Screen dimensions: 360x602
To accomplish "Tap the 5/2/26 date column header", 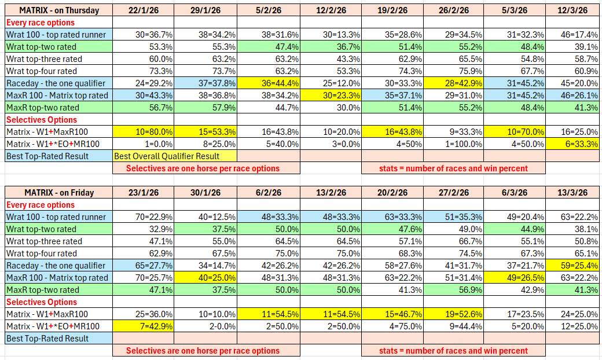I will (268, 10).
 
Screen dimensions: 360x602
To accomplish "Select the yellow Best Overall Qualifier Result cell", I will (174, 156).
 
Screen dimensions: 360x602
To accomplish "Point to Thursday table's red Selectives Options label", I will (41, 119).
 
